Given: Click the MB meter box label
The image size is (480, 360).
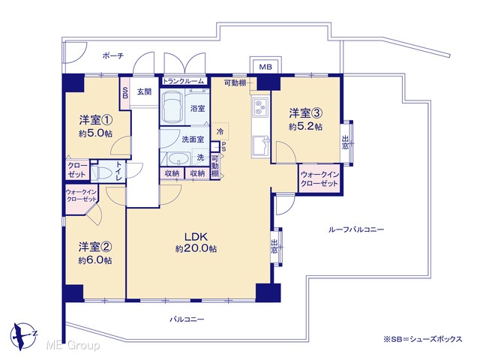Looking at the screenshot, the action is [265, 67].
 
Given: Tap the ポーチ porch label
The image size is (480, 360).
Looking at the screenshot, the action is [113, 55].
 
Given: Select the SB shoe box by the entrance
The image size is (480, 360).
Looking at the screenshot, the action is [125, 93].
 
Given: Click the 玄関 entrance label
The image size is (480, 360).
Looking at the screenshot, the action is [144, 91].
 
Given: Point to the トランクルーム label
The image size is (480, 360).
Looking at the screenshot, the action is [183, 81].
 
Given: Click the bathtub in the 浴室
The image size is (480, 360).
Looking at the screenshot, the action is [172, 107].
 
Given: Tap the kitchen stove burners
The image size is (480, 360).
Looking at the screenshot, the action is [260, 106].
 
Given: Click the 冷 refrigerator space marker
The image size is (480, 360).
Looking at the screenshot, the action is [220, 132].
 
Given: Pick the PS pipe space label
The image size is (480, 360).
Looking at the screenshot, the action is [223, 147].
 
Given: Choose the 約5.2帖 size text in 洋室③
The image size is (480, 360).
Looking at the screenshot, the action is [305, 127].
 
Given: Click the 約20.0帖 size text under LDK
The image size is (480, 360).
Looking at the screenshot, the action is [196, 248].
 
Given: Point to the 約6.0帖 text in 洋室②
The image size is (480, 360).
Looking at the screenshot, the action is [95, 260].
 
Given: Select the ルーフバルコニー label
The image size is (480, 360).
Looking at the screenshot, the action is [356, 229].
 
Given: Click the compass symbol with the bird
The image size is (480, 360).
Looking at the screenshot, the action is [23, 336].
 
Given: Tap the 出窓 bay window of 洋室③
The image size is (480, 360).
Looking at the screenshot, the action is [346, 143].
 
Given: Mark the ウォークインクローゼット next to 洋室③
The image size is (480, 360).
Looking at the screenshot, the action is [319, 179].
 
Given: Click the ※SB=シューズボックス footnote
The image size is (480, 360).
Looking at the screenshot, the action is [423, 339].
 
